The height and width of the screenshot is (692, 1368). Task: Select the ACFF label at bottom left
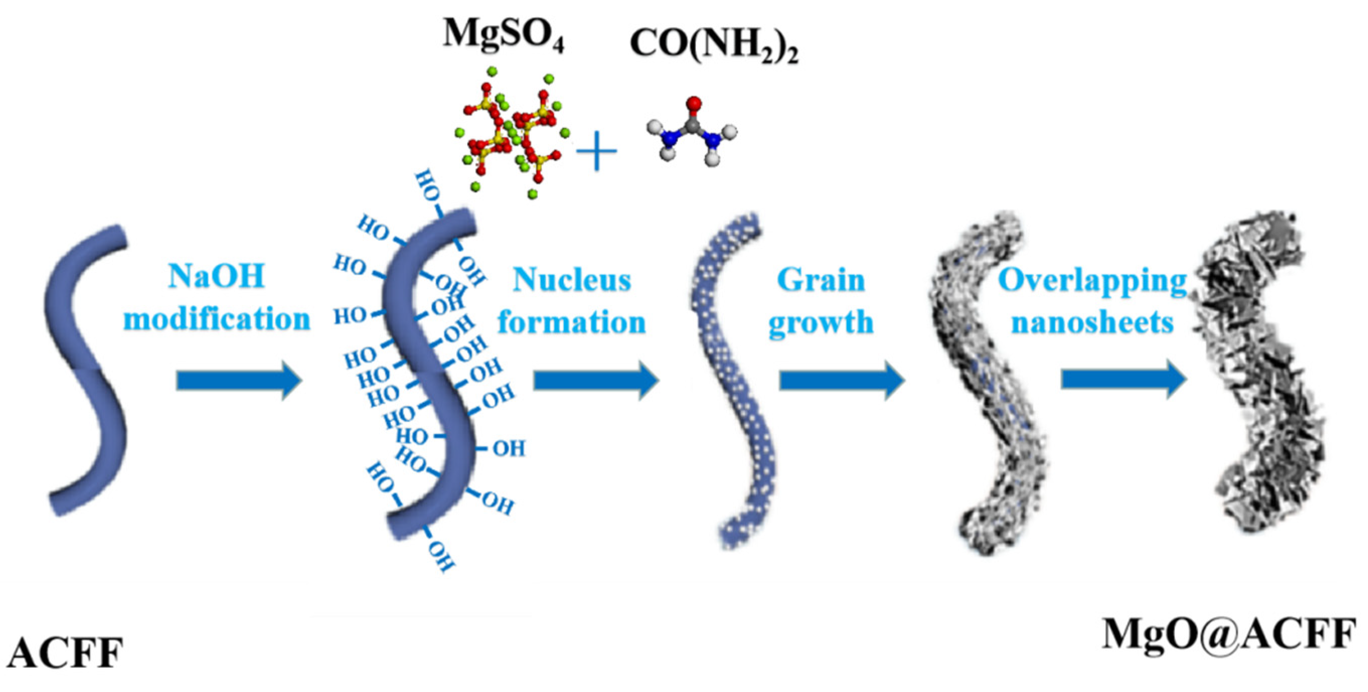pos(65,653)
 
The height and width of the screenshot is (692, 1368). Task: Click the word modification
pos(217,319)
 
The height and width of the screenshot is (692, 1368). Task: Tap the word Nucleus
pos(572,279)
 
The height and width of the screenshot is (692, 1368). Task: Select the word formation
pos(572,322)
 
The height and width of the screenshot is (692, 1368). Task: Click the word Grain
pos(821,280)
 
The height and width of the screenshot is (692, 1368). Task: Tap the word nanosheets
pos(1092,322)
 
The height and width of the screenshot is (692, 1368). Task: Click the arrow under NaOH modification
pos(239,380)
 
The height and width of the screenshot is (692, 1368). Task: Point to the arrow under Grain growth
pos(842,380)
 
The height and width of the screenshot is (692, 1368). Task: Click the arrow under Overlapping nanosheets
pos(1123,379)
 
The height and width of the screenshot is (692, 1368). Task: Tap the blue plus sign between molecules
pos(597,151)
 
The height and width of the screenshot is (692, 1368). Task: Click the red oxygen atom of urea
pos(693,103)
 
